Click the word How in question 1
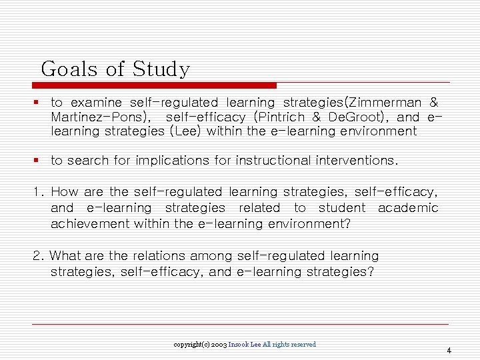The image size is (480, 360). click(x=64, y=192)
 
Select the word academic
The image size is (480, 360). click(x=407, y=208)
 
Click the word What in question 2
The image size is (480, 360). click(x=65, y=256)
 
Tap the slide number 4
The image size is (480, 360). click(x=449, y=350)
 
